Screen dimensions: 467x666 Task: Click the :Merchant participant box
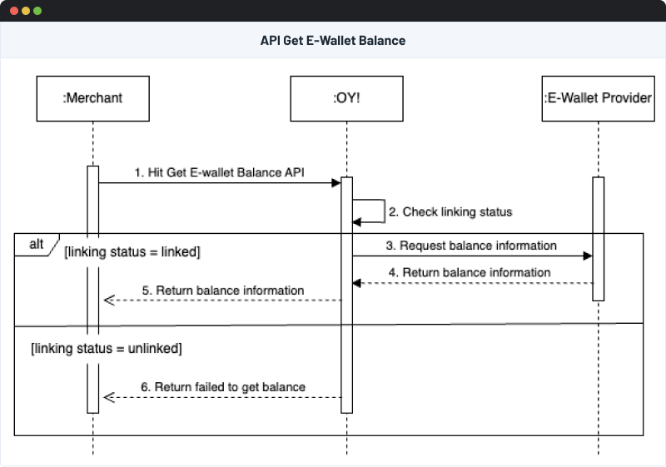(92, 98)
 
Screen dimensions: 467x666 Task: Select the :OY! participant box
(346, 98)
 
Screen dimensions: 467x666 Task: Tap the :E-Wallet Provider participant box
(597, 98)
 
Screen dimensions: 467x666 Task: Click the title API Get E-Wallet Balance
(333, 40)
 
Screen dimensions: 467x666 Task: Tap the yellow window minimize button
(26, 11)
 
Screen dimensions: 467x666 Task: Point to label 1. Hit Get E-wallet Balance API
(220, 172)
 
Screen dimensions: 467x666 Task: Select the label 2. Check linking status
(457, 212)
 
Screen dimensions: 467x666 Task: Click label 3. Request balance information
(471, 246)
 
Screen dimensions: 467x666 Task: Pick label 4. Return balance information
(470, 272)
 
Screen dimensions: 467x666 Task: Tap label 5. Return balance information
(224, 291)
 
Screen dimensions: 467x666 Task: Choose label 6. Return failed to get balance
(224, 387)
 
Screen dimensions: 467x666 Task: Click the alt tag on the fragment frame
(36, 244)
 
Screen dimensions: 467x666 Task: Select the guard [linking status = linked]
(132, 251)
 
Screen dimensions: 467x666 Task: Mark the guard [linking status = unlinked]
(106, 348)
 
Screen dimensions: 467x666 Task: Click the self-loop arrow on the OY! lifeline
(383, 211)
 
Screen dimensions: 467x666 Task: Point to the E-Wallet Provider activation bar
(598, 238)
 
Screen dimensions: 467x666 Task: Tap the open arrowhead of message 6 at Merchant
(107, 397)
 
